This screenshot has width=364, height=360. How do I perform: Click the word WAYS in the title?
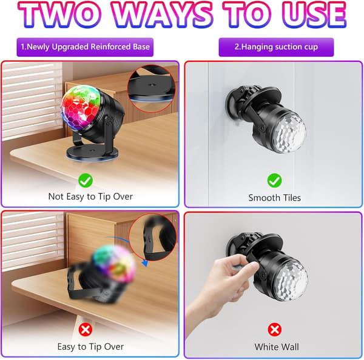pos(163,15)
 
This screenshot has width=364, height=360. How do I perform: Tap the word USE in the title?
pos(314,15)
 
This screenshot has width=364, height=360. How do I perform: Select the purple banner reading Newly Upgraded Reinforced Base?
pos(85,47)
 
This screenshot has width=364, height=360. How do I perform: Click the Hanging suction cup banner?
pos(276,47)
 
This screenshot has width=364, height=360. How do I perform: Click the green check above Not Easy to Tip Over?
pos(86,181)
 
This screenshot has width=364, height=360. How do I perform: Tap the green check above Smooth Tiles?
pos(274,181)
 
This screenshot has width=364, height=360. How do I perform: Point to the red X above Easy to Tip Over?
pos(86,330)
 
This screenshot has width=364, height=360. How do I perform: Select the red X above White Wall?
pos(274,330)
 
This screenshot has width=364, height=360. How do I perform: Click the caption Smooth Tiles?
pos(274,198)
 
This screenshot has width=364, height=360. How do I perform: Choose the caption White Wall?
pos(277,347)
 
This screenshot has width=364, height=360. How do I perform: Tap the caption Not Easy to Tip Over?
pos(90,197)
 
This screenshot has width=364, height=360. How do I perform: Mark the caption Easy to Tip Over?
pos(90,347)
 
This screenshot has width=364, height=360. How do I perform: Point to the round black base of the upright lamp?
pos(92,153)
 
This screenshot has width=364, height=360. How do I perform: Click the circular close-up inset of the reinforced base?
pos(151,88)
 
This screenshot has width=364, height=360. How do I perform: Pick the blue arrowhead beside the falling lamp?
pos(144,263)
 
